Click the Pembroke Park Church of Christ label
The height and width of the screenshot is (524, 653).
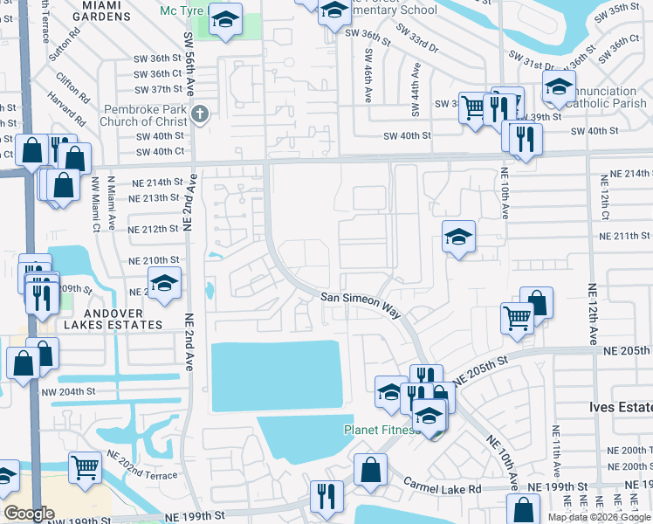click(x=145, y=115)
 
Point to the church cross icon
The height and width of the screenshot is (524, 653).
click(x=200, y=114)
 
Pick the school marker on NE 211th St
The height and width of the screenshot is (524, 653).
click(x=458, y=237)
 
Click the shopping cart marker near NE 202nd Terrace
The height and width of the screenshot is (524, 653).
click(x=85, y=468)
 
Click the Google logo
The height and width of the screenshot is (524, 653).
click(x=29, y=514)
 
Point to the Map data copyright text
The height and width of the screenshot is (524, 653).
click(x=599, y=517)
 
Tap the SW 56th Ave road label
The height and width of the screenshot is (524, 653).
click(x=189, y=61)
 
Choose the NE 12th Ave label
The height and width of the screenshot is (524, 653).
click(x=594, y=314)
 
